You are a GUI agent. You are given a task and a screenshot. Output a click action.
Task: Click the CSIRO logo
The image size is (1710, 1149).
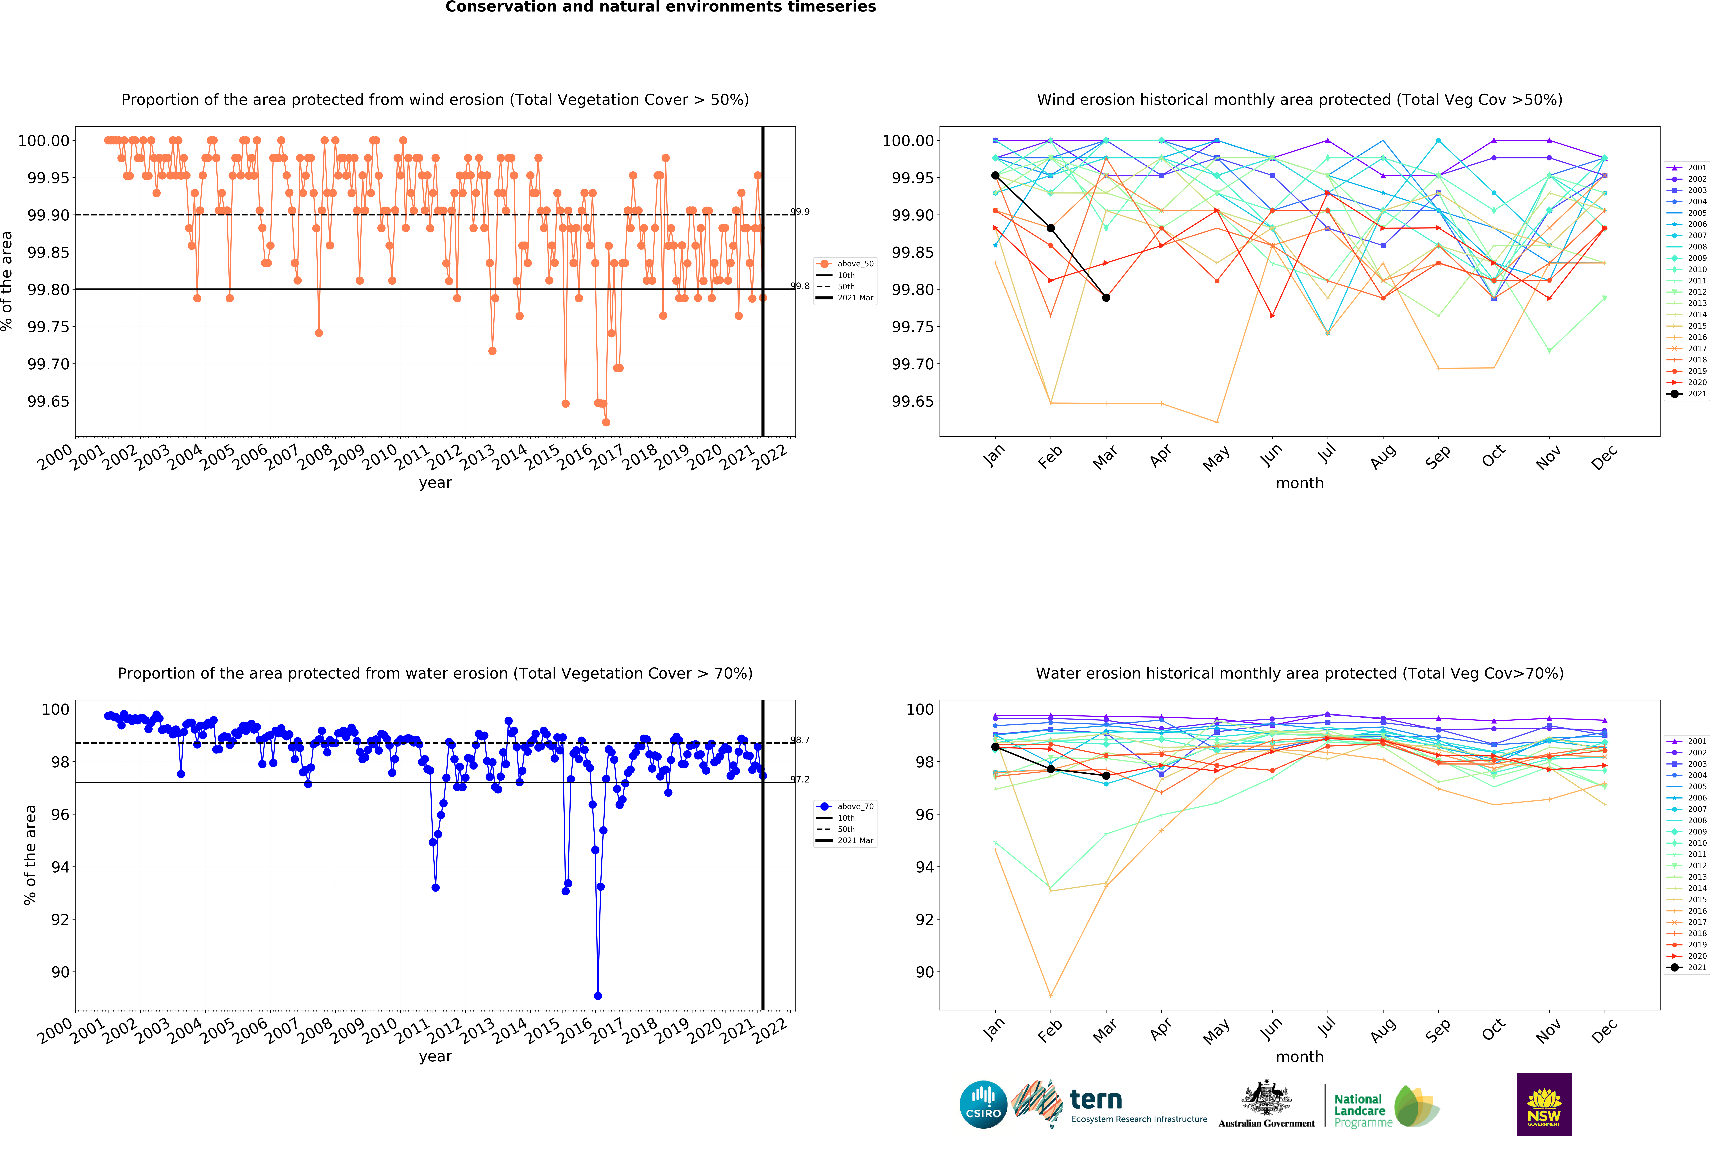983,1104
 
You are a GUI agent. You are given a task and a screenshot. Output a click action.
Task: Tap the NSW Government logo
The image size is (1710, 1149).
1544,1104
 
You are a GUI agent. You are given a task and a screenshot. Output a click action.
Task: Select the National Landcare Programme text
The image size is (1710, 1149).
1362,1110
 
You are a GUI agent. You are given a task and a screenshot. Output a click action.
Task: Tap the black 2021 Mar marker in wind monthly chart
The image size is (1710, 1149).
1106,297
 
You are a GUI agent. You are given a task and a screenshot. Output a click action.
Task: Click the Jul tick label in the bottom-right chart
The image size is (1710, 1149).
1327,1030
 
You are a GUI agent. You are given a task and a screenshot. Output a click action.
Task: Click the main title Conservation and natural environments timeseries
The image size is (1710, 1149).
660,7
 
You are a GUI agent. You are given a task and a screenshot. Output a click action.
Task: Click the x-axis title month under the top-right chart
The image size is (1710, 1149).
1299,483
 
